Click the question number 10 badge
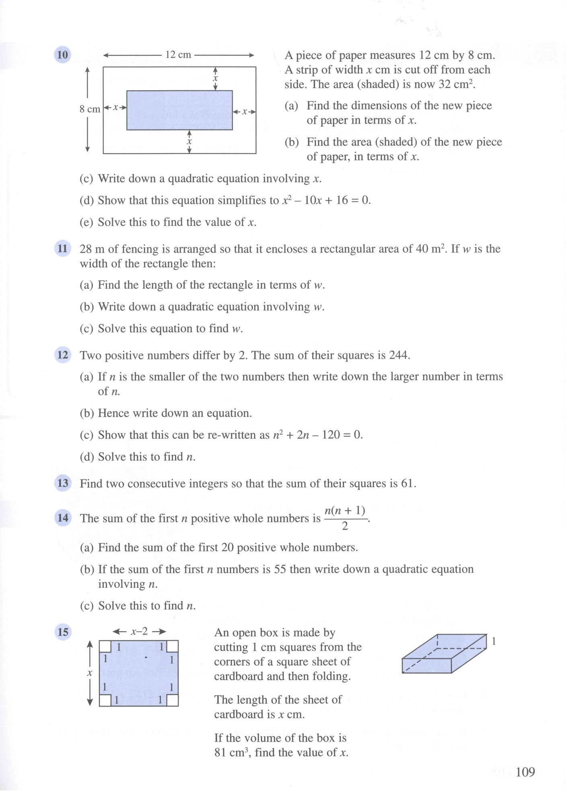[x=62, y=55]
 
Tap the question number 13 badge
[x=63, y=483]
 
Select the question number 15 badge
[x=63, y=632]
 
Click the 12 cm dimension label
[x=178, y=55]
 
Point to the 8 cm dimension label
[x=89, y=109]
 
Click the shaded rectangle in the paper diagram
[x=179, y=110]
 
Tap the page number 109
[x=525, y=772]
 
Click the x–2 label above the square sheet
[x=139, y=631]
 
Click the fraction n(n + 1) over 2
[x=345, y=518]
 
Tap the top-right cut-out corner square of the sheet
[x=173, y=646]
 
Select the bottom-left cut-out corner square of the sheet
[x=105, y=701]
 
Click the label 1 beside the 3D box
[x=494, y=641]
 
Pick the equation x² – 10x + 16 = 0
[x=325, y=200]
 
